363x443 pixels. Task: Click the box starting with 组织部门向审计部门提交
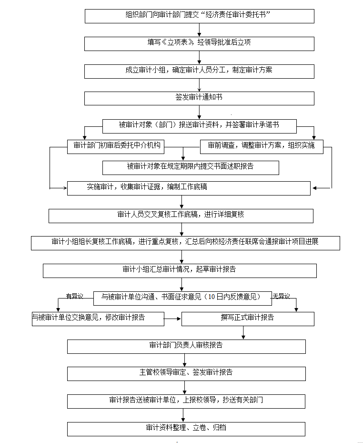200,16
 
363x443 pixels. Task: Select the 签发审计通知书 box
199,99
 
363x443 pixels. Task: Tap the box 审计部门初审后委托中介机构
116,147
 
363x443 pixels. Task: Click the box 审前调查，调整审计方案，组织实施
262,147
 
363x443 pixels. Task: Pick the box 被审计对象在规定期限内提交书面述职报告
191,168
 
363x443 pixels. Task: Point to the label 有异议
74,296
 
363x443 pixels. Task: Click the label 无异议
281,296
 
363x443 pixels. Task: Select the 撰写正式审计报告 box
248,319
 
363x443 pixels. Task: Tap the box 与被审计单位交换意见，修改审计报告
98,319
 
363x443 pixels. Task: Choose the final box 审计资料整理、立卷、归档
186,429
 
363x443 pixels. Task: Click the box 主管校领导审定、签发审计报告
186,374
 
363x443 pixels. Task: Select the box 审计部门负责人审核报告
186,347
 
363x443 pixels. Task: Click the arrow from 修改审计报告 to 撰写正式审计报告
173,319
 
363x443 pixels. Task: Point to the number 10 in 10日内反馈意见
212,297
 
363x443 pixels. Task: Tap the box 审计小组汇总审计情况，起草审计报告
180,271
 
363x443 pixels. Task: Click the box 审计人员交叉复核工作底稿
181,216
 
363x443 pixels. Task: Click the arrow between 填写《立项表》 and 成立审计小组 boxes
199,58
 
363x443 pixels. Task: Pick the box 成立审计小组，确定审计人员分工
199,72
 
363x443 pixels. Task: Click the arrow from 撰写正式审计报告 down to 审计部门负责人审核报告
243,333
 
